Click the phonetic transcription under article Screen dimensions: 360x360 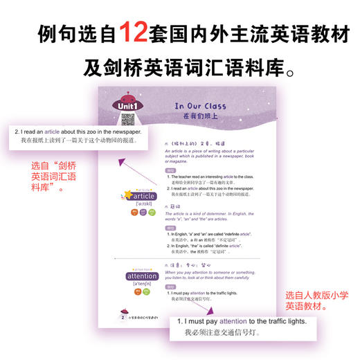pos(141,205)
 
